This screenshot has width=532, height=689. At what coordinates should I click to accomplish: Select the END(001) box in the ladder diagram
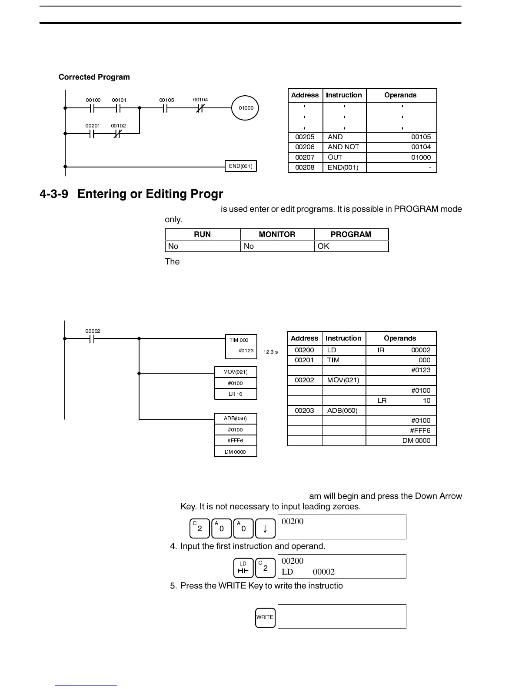(240, 166)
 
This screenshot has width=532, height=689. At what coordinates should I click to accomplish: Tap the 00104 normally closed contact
(200, 108)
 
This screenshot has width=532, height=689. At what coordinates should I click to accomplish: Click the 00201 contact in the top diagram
(92, 134)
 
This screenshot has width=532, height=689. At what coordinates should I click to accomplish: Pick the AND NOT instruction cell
(343, 147)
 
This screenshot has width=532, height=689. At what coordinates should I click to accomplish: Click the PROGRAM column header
(351, 234)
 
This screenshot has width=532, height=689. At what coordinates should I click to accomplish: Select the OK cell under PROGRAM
(351, 246)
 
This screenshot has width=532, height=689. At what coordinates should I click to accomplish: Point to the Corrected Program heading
(94, 77)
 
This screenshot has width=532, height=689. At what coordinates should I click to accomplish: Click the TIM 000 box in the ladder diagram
(241, 346)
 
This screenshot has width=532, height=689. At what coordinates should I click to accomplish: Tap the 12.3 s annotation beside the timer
(270, 352)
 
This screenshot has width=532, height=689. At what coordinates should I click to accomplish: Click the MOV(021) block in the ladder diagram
(236, 372)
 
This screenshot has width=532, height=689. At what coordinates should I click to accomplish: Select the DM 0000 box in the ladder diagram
(236, 452)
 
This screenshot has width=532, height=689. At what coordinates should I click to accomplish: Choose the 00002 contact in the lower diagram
(92, 338)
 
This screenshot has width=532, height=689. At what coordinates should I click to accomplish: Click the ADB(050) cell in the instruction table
(342, 410)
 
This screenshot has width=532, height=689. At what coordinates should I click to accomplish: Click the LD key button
(243, 568)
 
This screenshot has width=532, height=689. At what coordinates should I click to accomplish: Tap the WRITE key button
(265, 617)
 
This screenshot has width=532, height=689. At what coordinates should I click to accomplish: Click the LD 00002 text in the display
(308, 572)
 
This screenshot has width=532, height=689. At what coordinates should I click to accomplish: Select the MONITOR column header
(277, 234)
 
